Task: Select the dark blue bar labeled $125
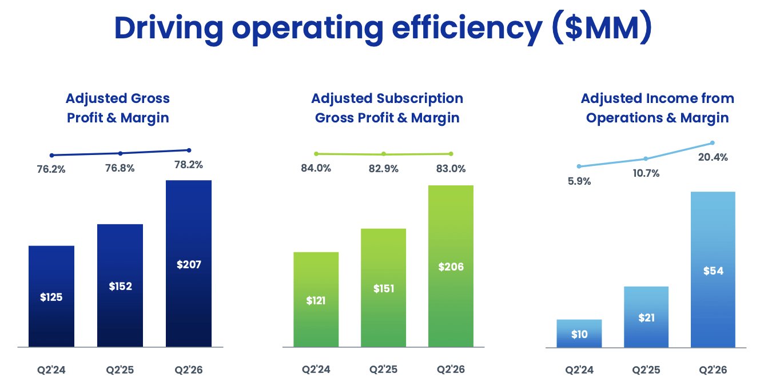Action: click(x=51, y=296)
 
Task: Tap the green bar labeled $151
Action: click(x=383, y=288)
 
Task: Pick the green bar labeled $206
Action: click(x=451, y=266)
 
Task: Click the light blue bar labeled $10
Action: click(x=579, y=334)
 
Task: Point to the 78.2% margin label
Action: click(x=189, y=165)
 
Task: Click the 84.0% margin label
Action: click(x=316, y=169)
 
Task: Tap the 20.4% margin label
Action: click(x=713, y=157)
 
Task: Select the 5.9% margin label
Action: click(x=579, y=181)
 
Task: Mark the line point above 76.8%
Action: click(x=120, y=153)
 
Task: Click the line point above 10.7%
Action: click(x=646, y=158)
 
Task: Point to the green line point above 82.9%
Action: click(x=384, y=154)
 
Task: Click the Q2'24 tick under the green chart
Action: click(x=316, y=370)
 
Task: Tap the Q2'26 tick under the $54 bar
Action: click(x=713, y=370)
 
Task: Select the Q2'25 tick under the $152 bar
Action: click(x=120, y=370)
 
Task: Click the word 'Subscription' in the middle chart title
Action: click(x=419, y=98)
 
